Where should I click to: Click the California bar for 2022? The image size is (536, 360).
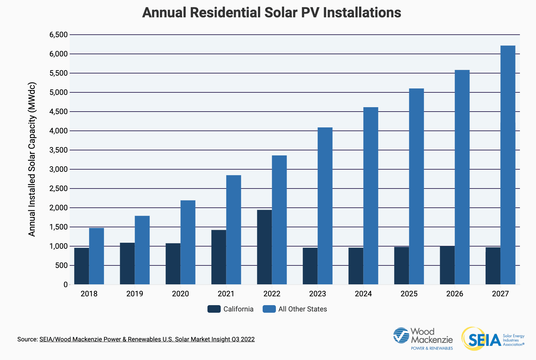264,247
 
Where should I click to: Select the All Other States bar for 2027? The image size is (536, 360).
508,165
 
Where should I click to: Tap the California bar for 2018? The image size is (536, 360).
81,266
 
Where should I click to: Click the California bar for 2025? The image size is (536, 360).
401,265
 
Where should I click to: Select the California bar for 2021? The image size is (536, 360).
218,257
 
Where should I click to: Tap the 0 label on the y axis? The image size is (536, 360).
65,285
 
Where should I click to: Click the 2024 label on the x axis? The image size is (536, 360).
363,294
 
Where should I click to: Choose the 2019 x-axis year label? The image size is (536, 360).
135,294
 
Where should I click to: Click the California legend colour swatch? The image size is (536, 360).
214,309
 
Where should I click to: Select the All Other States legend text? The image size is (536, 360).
302,309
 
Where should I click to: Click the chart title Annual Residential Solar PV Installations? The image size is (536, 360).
271,13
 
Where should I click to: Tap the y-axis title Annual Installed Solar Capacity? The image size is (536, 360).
32,159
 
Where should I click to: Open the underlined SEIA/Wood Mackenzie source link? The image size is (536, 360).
147,339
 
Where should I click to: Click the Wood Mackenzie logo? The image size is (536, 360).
423,338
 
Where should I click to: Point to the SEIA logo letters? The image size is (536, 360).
484,340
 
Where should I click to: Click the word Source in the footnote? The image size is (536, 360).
27,339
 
